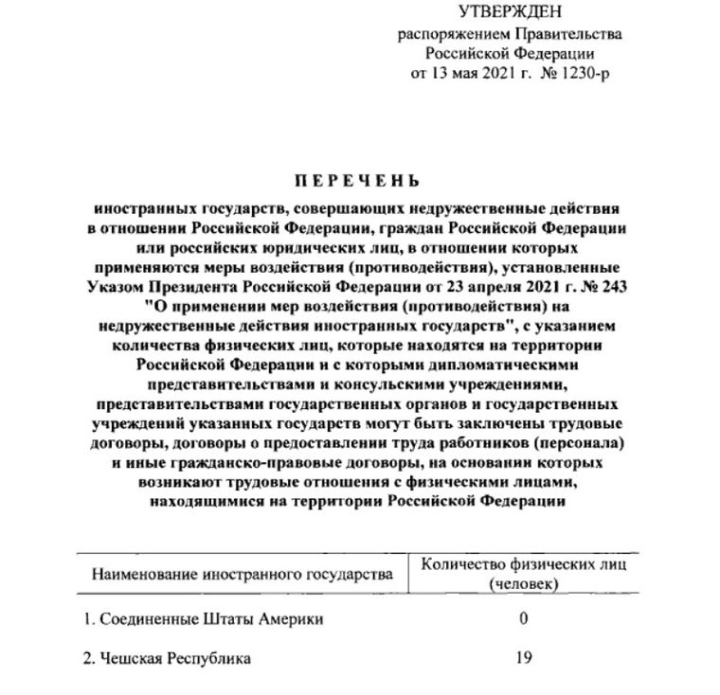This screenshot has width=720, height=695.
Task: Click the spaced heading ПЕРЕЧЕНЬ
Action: coord(359,181)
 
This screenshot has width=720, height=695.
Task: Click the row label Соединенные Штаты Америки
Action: coord(203,619)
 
